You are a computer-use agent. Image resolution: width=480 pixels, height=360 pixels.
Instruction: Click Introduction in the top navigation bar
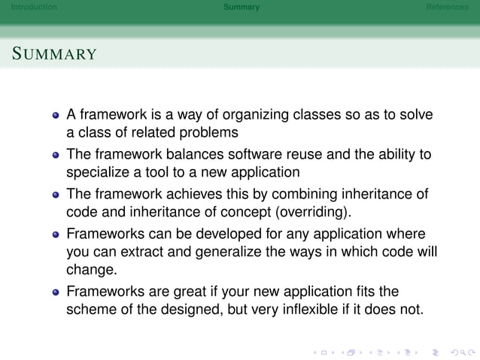29,8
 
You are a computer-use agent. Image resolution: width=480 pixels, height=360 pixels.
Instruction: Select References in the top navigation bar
447,8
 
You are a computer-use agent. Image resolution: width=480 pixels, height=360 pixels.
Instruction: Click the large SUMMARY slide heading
54,54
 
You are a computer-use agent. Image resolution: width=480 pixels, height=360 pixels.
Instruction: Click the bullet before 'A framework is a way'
55,116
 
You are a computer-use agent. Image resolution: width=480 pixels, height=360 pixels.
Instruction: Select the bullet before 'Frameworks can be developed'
55,234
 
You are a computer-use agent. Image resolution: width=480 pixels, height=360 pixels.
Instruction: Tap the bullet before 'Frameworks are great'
55,291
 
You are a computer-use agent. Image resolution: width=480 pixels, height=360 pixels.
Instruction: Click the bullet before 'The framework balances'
55,156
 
